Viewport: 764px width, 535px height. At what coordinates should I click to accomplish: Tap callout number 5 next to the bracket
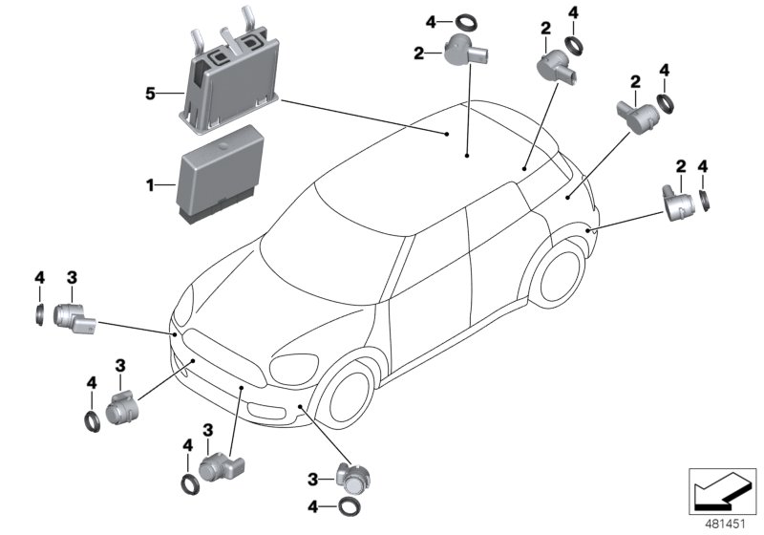pos(150,93)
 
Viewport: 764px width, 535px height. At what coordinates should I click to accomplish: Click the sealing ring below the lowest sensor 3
pos(350,506)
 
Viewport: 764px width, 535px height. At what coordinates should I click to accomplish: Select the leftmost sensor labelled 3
pos(72,316)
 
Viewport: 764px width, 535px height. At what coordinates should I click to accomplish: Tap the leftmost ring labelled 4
pos(40,312)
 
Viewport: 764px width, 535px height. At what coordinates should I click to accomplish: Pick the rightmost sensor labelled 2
pos(681,203)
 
